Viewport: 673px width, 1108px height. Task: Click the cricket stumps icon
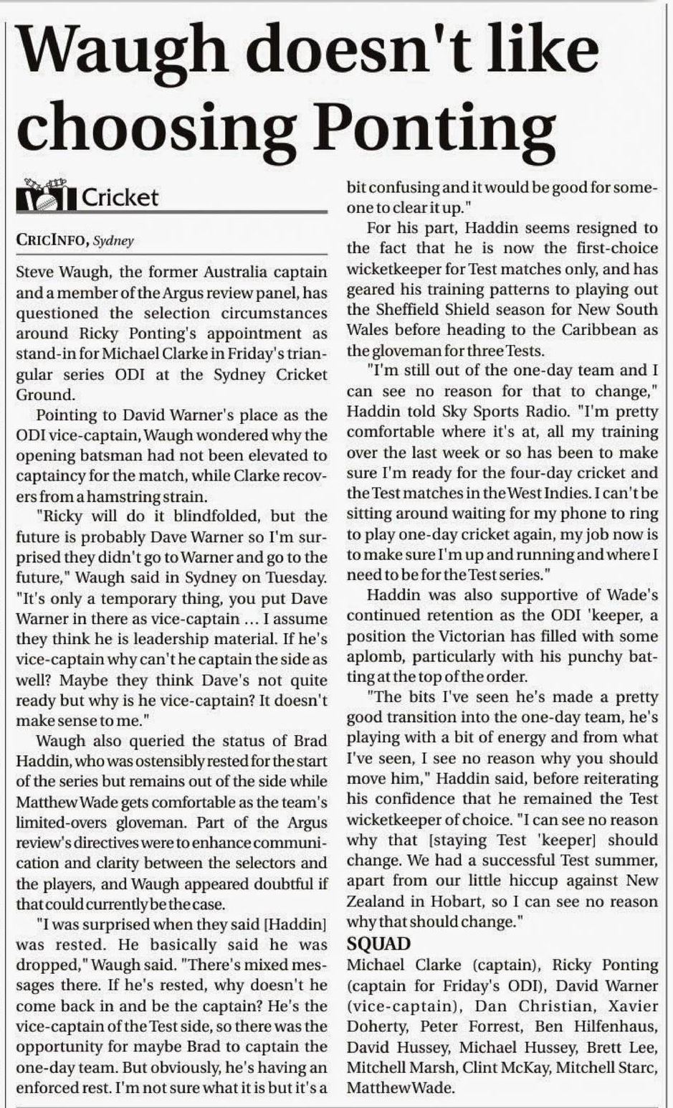(44, 196)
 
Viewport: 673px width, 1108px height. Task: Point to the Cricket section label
(120, 197)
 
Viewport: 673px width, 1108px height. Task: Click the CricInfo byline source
(52, 241)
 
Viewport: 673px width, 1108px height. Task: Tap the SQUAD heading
(378, 943)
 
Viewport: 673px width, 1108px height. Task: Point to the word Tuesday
(293, 577)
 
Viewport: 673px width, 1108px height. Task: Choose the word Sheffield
(411, 310)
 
